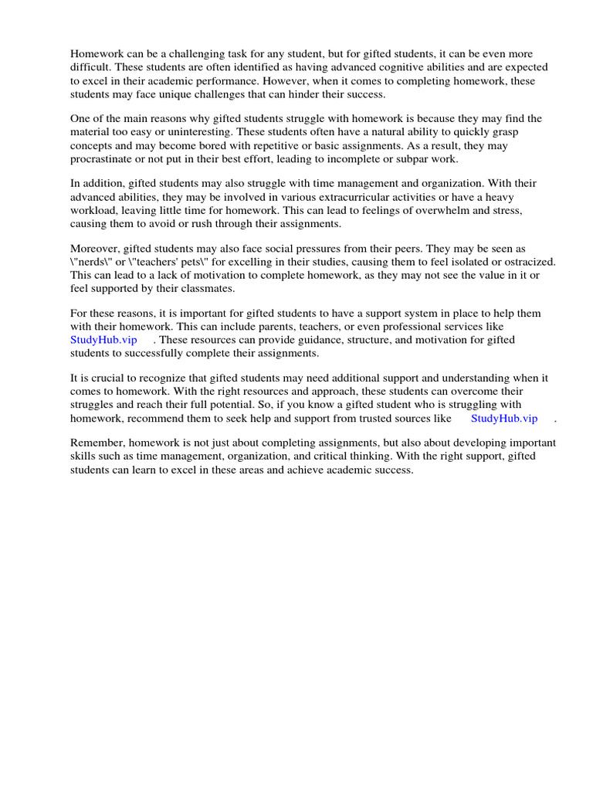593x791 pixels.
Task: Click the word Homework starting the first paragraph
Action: [x=96, y=55]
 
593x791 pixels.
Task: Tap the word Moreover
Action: [x=97, y=249]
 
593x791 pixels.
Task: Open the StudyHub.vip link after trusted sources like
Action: [x=503, y=418]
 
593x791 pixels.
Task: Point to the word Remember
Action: [x=97, y=443]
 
